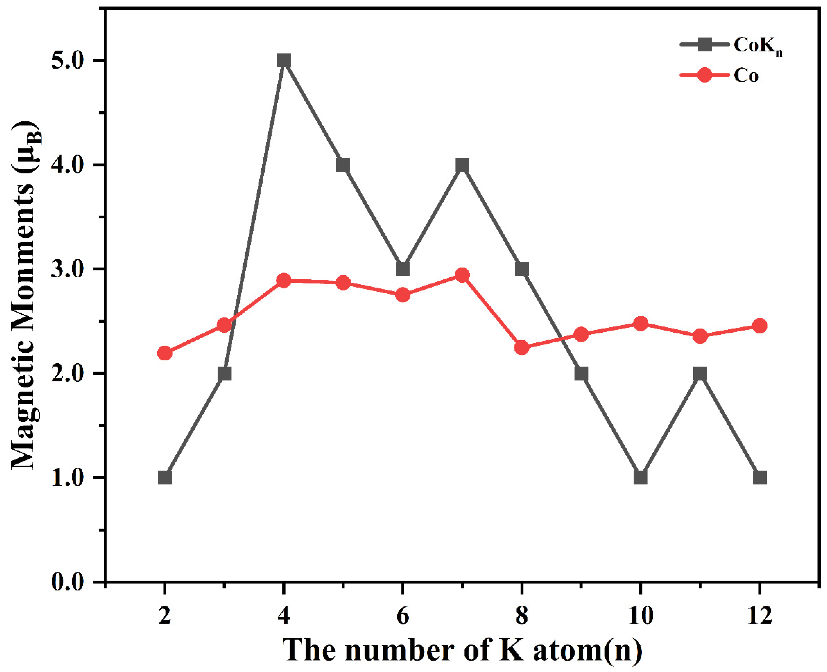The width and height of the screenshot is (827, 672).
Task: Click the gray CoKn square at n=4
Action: pyautogui.click(x=284, y=61)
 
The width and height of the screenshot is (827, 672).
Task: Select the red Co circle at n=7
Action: pyautogui.click(x=462, y=275)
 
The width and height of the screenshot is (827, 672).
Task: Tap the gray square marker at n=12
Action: pyautogui.click(x=760, y=478)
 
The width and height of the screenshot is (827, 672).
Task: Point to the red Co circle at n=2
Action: pyautogui.click(x=165, y=353)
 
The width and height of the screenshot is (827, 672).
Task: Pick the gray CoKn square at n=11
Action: pyautogui.click(x=700, y=374)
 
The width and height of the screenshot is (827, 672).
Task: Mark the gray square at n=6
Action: pyautogui.click(x=403, y=269)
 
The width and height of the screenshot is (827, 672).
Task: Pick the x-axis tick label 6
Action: pyautogui.click(x=403, y=615)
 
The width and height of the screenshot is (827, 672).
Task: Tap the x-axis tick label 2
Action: pyautogui.click(x=165, y=615)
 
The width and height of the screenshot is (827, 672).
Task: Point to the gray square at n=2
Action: pyautogui.click(x=165, y=478)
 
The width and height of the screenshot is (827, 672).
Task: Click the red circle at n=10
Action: pyautogui.click(x=641, y=324)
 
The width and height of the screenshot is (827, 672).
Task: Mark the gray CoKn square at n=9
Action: pyautogui.click(x=581, y=374)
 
